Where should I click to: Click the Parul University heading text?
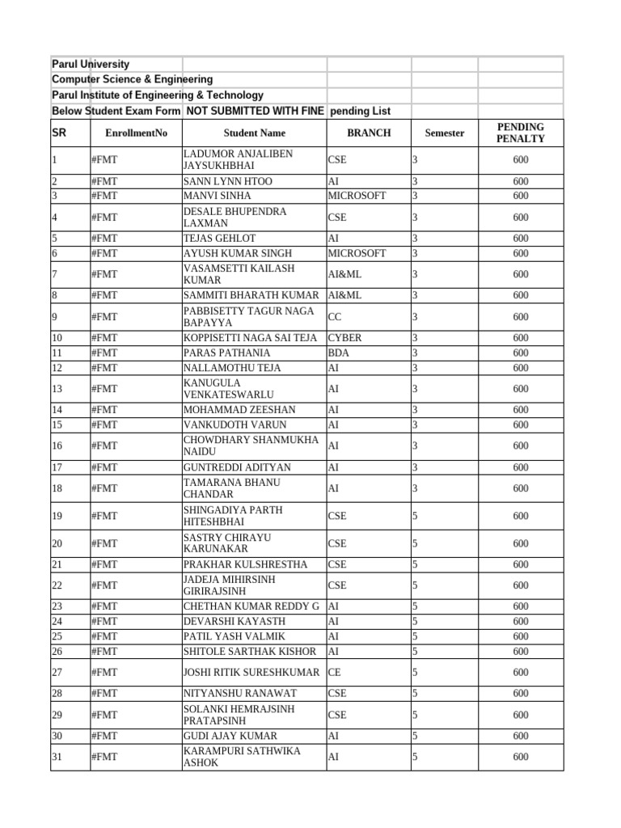pyautogui.click(x=91, y=64)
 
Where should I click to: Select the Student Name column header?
pyautogui.click(x=255, y=133)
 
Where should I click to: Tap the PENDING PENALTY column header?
pyautogui.click(x=521, y=133)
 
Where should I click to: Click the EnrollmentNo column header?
pyautogui.click(x=136, y=133)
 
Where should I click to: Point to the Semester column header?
pyautogui.click(x=444, y=133)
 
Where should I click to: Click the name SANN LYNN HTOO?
pyautogui.click(x=228, y=181)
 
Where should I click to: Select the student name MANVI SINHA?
pyautogui.click(x=218, y=196)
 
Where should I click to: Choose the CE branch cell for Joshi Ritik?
pyautogui.click(x=335, y=672)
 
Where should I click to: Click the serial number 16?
pyautogui.click(x=57, y=446)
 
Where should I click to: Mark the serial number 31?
pyautogui.click(x=57, y=757)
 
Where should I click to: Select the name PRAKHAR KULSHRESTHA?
pyautogui.click(x=245, y=564)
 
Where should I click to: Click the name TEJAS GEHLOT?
pyautogui.click(x=220, y=239)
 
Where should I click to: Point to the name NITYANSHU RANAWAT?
pyautogui.click(x=240, y=693)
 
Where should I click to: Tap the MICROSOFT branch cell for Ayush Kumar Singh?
pyautogui.click(x=357, y=253)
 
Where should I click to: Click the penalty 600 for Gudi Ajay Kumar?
pyautogui.click(x=521, y=736)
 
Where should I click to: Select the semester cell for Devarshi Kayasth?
pyautogui.click(x=415, y=621)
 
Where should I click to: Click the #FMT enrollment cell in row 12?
pyautogui.click(x=104, y=368)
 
